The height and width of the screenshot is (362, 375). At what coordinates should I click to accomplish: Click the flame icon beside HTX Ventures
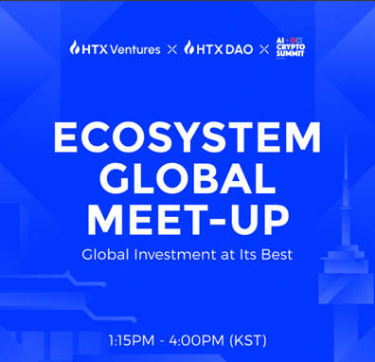(x=74, y=47)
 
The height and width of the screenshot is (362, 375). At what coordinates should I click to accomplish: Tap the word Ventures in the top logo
(x=135, y=47)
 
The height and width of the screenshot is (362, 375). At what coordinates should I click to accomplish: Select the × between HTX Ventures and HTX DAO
(x=171, y=47)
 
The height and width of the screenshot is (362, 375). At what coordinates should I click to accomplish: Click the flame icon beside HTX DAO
(x=189, y=47)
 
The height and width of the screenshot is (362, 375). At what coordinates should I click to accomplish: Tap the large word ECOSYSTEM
(x=187, y=142)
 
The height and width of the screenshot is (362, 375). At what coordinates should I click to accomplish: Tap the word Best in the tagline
(x=275, y=255)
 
